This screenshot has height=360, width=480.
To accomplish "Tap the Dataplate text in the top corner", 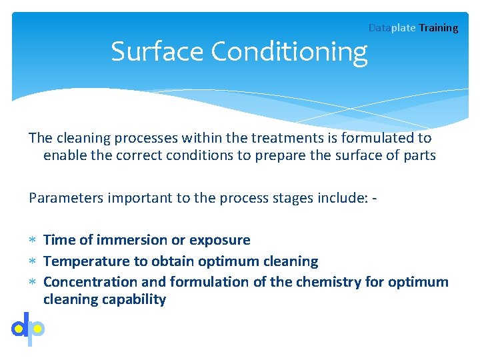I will point(392,28).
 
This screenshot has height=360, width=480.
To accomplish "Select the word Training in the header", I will point(439,28).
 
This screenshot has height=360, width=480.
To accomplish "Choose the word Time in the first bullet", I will point(59,240).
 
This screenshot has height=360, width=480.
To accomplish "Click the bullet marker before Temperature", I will point(33,261).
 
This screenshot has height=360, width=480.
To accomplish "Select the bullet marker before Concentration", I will point(33,282).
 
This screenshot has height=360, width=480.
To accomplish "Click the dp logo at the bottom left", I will point(28,329).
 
